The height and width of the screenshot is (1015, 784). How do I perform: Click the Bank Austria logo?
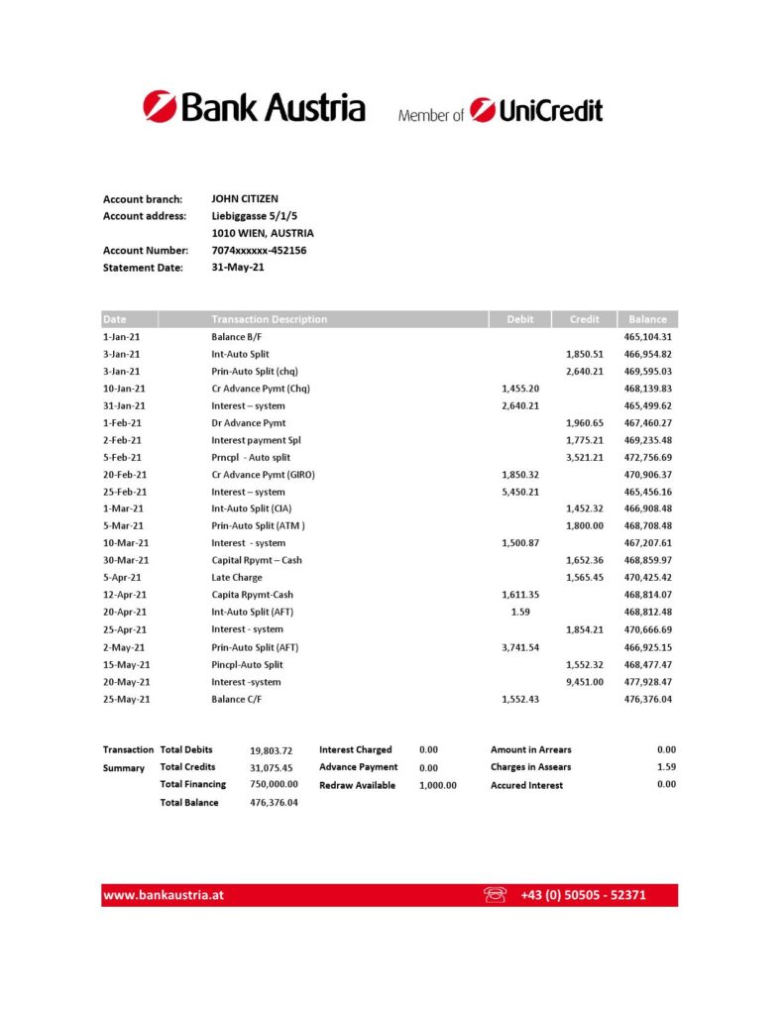click(x=254, y=107)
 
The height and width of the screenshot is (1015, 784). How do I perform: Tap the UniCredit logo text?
click(x=536, y=110)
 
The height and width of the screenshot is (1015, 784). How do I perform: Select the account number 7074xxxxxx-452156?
click(x=259, y=251)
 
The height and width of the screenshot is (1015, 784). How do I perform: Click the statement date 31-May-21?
click(x=238, y=267)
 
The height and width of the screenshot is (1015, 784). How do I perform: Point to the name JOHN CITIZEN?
click(x=245, y=199)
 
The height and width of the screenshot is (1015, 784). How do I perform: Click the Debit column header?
click(x=519, y=319)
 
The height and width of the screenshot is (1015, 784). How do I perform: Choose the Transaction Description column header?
click(x=269, y=319)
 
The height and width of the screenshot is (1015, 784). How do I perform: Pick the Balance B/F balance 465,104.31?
click(x=647, y=337)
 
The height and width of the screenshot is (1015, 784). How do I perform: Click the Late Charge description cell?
click(x=236, y=578)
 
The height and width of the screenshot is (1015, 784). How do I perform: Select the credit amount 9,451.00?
click(x=584, y=682)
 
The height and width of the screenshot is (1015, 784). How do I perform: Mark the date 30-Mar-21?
click(x=126, y=560)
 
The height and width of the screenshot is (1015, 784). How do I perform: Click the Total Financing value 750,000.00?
click(x=274, y=784)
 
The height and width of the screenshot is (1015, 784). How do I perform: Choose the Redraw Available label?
click(x=357, y=785)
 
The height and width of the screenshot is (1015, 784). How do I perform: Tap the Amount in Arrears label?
click(x=530, y=750)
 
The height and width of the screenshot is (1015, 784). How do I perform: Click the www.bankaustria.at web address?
click(x=164, y=895)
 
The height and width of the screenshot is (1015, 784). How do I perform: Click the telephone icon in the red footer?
click(x=495, y=895)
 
